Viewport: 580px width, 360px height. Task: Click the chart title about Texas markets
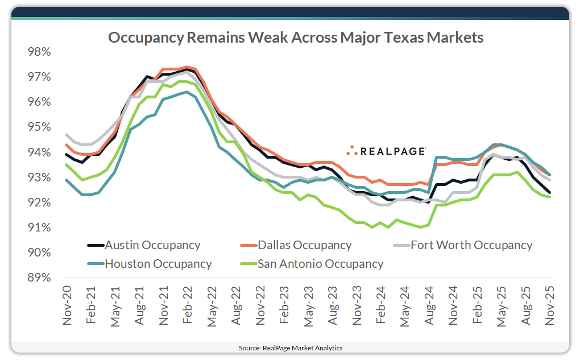296,38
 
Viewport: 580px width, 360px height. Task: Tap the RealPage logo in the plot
386,151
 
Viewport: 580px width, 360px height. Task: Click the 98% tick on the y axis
39,52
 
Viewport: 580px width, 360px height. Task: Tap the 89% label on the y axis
39,278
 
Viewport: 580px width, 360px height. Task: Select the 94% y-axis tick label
39,152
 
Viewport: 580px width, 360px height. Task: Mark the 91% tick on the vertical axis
39,228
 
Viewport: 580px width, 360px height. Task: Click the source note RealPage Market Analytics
290,347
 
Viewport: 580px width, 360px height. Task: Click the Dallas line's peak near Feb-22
187,67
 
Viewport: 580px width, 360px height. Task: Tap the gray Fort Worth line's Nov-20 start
67,135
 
